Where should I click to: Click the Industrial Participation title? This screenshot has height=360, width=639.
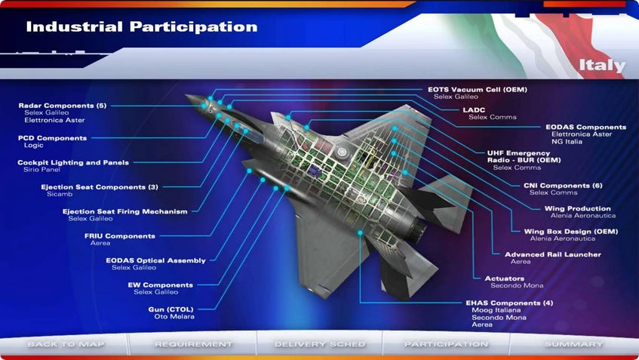(x=141, y=27)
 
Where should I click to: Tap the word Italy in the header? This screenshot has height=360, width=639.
(x=602, y=65)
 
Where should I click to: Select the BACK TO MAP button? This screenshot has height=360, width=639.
(x=66, y=344)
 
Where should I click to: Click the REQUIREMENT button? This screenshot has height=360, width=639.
(x=193, y=344)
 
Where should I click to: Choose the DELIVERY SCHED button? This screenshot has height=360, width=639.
(x=320, y=344)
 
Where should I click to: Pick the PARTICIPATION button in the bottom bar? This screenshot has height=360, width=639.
(x=446, y=344)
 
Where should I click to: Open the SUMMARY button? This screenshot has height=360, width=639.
(x=573, y=344)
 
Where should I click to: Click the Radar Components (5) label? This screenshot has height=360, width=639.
(x=62, y=105)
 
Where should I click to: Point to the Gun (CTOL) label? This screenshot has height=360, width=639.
(x=171, y=309)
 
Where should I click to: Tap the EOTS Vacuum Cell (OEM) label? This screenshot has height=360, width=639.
(x=477, y=90)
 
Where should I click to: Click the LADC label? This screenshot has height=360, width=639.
(x=475, y=109)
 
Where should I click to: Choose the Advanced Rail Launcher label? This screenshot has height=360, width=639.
(x=552, y=254)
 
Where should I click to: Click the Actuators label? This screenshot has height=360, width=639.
(x=509, y=278)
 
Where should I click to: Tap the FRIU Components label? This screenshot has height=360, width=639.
(x=119, y=235)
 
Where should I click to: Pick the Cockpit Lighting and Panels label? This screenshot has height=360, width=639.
(x=72, y=162)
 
